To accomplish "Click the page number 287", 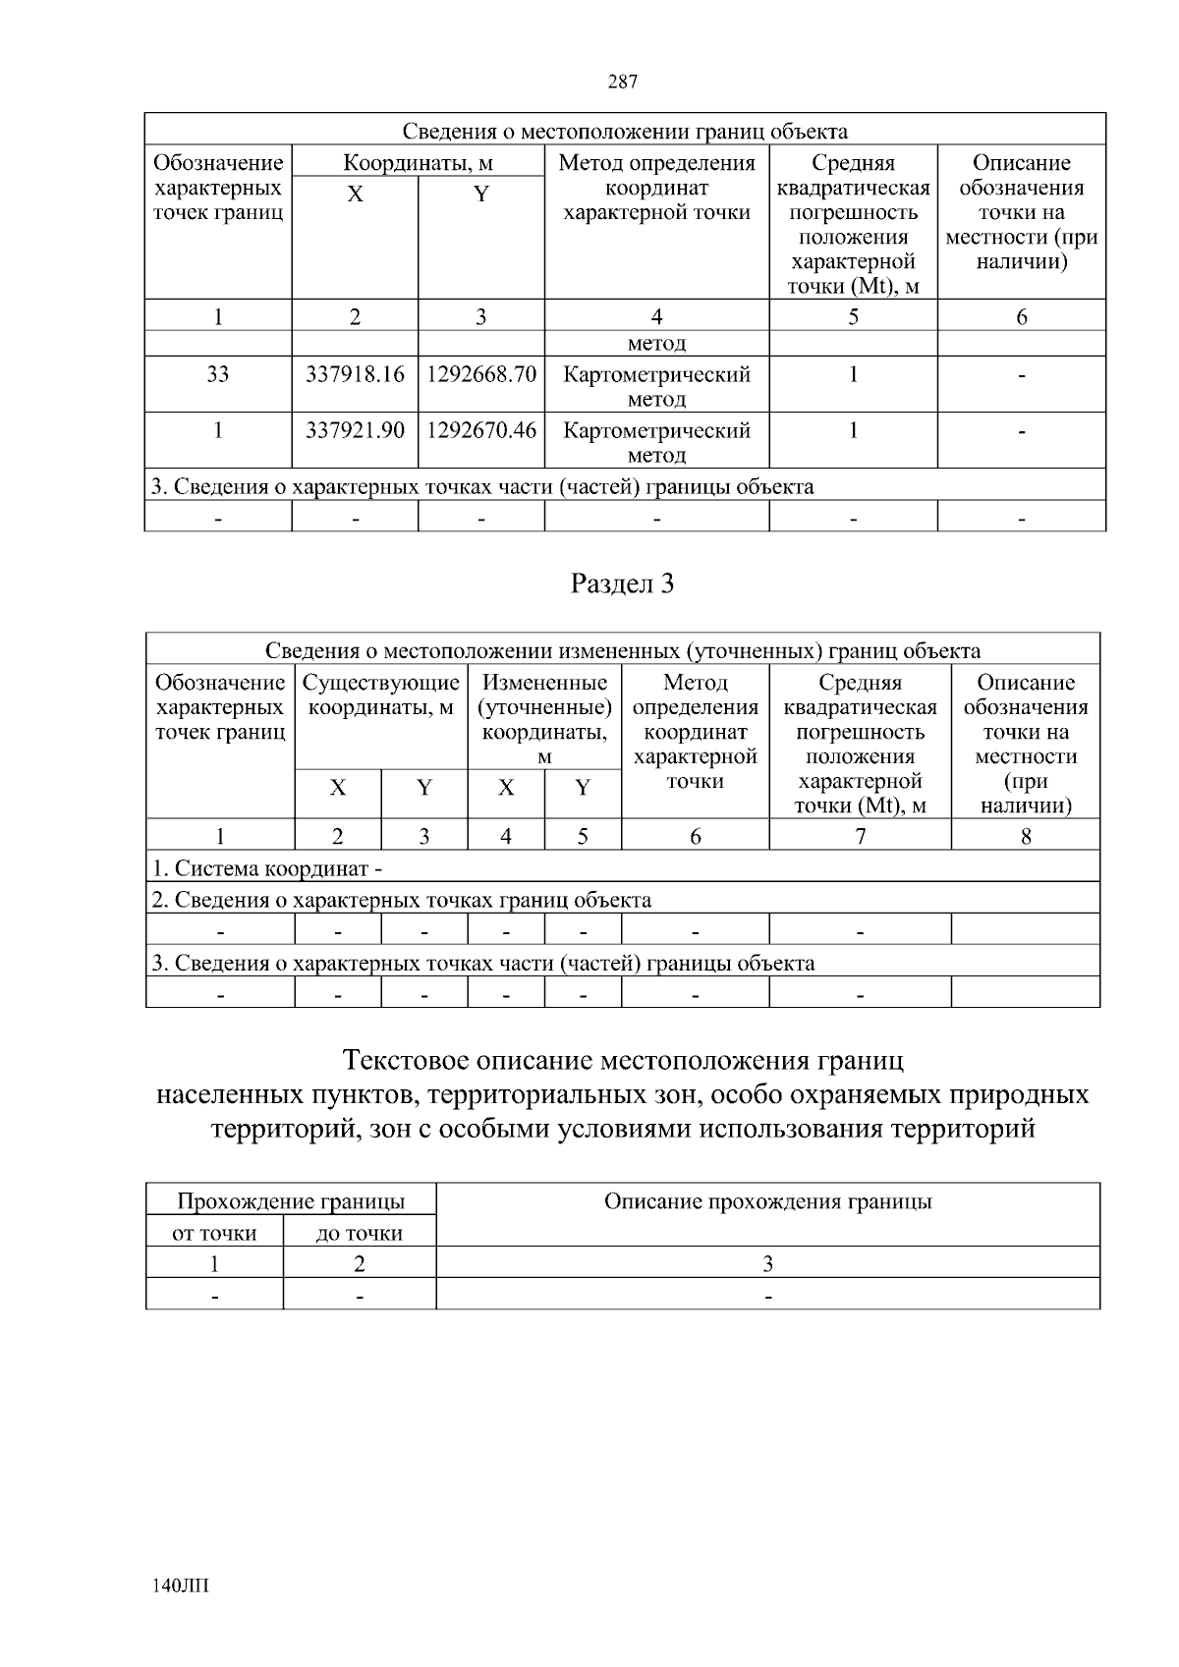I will pos(623,83).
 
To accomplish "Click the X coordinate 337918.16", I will pos(355,374).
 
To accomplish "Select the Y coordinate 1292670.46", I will pos(481,430).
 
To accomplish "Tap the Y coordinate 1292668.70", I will pos(481,374).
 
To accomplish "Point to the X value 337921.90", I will pos(355,430).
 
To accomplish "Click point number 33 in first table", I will pos(218,374).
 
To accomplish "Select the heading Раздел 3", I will pos(623,584).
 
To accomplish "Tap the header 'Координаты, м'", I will pos(418,163).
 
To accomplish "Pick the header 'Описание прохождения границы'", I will pos(767,1201).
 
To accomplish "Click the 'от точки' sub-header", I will pos(214,1234).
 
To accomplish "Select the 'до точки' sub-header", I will pos(359,1234).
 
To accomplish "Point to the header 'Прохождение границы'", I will pos(291,1201).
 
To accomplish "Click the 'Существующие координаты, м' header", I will pos(381,695).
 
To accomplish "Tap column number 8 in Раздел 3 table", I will pos(1026,836).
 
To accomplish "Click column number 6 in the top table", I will pos(1022,316).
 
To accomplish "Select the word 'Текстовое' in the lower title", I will pos(404,1062).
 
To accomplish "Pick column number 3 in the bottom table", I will pos(767,1263).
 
